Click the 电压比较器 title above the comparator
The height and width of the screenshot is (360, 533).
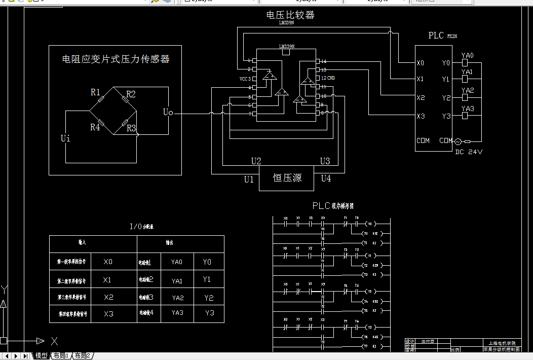tap(290, 15)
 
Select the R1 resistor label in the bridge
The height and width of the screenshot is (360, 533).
tap(95, 92)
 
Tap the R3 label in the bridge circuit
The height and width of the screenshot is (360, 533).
tap(131, 128)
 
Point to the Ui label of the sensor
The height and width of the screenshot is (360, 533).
tap(65, 138)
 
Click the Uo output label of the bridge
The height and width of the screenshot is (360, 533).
tap(168, 112)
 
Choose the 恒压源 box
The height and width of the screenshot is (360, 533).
tap(286, 178)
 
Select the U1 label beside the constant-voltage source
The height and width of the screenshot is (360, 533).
tap(248, 179)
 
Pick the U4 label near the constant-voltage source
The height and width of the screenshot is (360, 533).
tap(326, 178)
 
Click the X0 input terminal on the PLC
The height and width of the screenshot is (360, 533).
tap(420, 63)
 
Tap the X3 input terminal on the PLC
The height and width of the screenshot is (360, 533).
tap(420, 117)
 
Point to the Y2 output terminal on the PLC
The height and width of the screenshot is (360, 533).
tap(446, 98)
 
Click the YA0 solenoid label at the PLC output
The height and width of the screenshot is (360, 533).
tap(467, 55)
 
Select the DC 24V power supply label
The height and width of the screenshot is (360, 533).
tap(469, 152)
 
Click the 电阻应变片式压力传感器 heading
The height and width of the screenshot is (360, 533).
tap(116, 59)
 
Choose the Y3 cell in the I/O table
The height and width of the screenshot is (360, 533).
tap(209, 313)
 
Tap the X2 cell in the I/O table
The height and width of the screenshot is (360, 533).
tap(108, 297)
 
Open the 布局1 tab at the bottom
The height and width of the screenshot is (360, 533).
tap(61, 356)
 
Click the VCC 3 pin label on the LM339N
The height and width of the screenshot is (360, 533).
tap(245, 79)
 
